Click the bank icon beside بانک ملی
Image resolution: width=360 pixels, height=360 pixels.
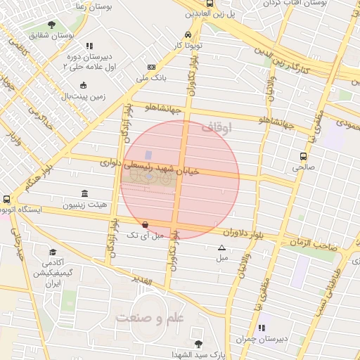151,67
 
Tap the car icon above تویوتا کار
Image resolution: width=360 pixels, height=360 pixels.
188,34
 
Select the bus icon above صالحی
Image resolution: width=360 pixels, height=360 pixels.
303,157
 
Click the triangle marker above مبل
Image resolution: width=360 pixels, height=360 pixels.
222,247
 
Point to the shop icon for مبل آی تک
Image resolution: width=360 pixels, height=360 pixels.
145,225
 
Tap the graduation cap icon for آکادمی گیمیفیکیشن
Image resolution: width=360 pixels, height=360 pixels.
53,252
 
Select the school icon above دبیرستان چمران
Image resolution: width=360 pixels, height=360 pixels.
262,328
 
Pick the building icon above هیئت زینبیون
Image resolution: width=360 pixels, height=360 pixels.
85,193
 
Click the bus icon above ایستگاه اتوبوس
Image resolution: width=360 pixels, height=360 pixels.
6,200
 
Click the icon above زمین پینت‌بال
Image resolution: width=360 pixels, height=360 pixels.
84,85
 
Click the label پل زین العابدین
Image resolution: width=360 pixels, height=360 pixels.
209,13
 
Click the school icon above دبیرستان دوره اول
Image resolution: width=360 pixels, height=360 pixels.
89,46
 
